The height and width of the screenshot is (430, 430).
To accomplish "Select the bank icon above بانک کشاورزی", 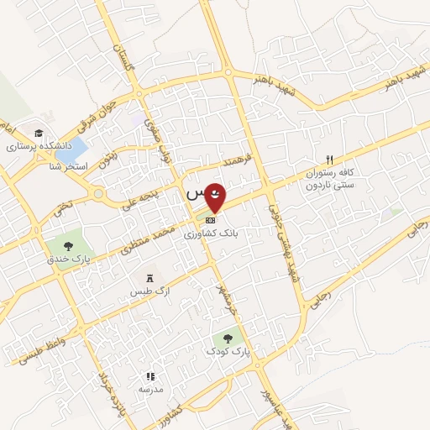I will coord(209,220).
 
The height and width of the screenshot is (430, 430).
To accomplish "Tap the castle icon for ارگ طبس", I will coord(149,278).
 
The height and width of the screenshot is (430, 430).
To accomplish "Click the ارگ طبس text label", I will coord(145,291).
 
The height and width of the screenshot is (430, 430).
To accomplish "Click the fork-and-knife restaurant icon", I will coord(329,159).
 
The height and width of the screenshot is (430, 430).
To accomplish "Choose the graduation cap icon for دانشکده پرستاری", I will coord(39,133).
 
